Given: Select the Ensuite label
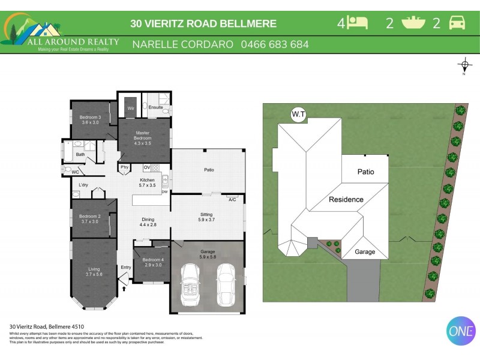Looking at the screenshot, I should (156, 107).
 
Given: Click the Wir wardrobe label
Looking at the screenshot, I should (130, 108).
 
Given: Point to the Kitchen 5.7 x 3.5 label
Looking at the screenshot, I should (147, 183).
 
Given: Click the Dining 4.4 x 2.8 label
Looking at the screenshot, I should (148, 222).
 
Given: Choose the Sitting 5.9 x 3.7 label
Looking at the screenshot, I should (206, 217).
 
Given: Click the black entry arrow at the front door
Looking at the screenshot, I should (124, 288).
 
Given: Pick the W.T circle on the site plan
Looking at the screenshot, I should (298, 114).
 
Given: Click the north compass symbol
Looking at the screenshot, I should (464, 65).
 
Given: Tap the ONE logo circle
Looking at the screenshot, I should (461, 330).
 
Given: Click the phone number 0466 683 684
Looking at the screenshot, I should (275, 44).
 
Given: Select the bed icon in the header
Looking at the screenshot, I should (358, 23).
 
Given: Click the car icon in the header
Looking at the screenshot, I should (457, 23).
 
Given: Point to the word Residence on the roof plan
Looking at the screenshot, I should (346, 199).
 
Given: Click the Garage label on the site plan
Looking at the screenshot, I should (364, 252).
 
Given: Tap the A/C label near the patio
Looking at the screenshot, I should (232, 199).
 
